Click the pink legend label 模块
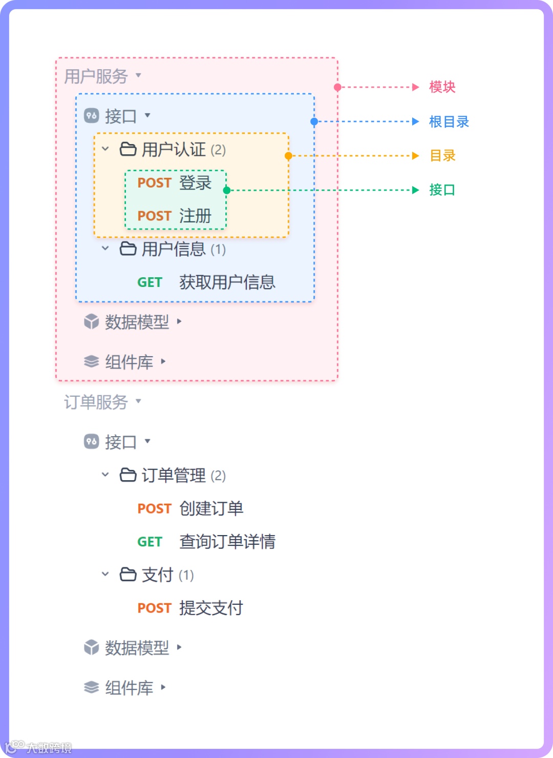(442, 87)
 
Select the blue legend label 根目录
(449, 122)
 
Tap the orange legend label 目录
(442, 156)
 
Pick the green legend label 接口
(442, 190)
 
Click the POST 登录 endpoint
(175, 183)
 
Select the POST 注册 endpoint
(175, 216)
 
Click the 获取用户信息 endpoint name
(227, 282)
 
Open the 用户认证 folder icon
(128, 149)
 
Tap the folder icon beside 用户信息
(128, 249)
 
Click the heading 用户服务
(96, 76)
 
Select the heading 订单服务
(96, 402)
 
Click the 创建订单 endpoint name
(211, 508)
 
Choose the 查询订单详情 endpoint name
(227, 542)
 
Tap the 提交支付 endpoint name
(211, 608)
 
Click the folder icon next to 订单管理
(128, 475)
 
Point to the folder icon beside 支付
(128, 575)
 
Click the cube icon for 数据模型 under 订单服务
(91, 648)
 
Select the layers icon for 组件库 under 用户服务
(91, 362)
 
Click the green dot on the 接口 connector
(227, 190)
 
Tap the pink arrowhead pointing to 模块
(416, 87)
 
